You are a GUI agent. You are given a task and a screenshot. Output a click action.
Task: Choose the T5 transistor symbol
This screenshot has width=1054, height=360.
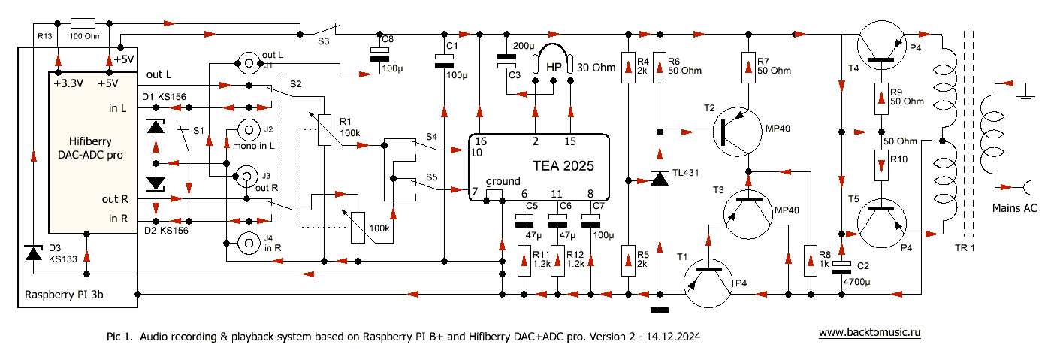(880, 223)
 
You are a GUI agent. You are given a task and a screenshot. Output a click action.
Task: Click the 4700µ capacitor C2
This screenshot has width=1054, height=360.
(842, 268)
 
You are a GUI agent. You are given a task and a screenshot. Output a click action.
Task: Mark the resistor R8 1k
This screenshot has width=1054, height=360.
(811, 259)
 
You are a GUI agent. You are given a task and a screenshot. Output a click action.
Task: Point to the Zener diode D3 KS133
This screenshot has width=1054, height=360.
(33, 253)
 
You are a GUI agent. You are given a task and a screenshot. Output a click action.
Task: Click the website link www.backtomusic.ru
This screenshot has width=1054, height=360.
(869, 331)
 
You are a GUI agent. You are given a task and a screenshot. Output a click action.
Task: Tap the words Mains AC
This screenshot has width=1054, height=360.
(1014, 208)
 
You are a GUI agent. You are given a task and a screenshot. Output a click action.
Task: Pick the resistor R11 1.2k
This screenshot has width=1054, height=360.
(524, 260)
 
